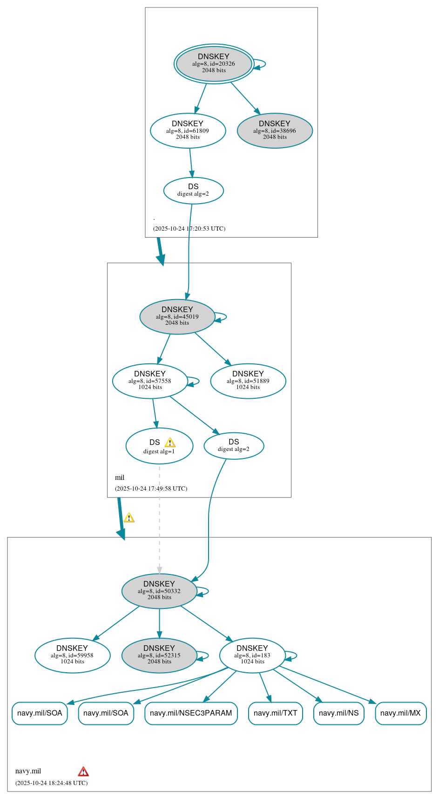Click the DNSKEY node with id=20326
(x=214, y=64)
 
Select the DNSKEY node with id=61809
(x=188, y=130)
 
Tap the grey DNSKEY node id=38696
(x=275, y=130)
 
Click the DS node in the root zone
(x=193, y=191)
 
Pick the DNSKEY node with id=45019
(x=177, y=316)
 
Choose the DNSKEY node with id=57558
(x=150, y=381)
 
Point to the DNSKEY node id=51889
(x=248, y=381)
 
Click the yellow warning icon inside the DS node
(x=170, y=443)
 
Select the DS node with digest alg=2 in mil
(x=234, y=446)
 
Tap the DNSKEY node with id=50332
(x=159, y=591)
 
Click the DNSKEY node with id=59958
(x=72, y=655)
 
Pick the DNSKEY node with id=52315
(x=159, y=655)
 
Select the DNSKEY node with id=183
(x=252, y=655)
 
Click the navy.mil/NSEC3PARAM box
(x=191, y=713)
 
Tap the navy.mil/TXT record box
(x=275, y=713)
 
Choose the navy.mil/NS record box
(x=338, y=713)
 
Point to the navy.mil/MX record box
(x=400, y=713)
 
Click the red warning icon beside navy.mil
(x=83, y=772)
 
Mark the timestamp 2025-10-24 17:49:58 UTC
(x=151, y=489)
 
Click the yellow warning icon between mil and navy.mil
(x=129, y=518)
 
